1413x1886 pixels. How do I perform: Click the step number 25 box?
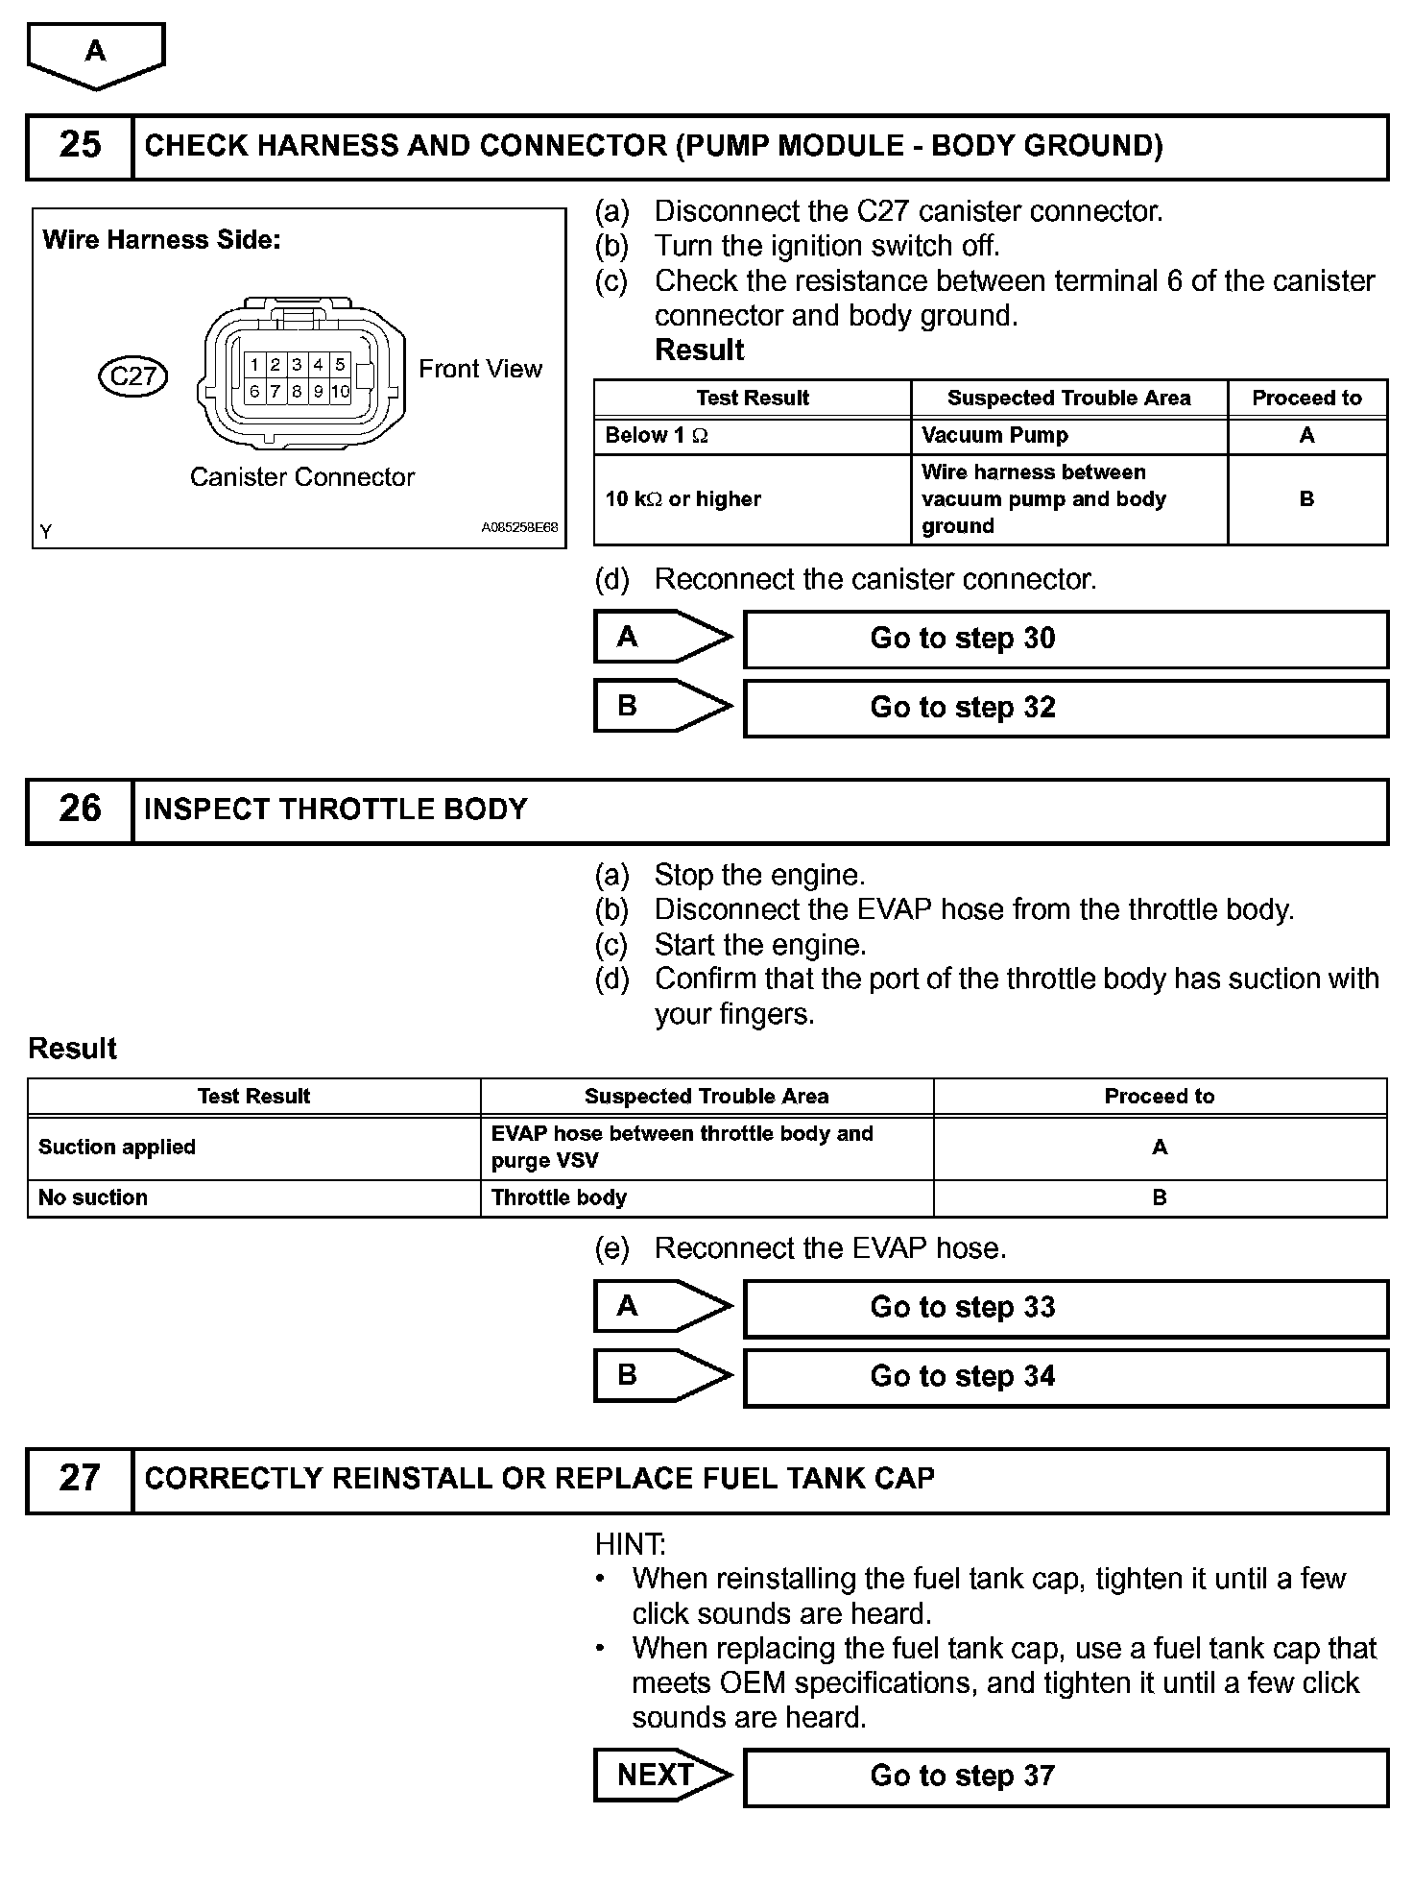coord(80,146)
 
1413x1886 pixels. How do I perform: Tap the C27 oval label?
coord(133,375)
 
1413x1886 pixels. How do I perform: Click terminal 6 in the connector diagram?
coord(254,392)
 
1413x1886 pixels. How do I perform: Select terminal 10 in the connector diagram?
coord(341,392)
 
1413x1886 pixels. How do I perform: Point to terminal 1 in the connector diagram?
coord(254,365)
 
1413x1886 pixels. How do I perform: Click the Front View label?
coord(480,369)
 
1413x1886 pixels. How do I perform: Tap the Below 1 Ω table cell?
coord(752,436)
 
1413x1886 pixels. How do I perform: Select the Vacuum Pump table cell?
coord(1068,436)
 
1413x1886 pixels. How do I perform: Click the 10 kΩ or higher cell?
coord(752,499)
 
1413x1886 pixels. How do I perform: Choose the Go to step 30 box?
coord(1066,639)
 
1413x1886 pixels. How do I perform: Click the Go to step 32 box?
coord(1066,708)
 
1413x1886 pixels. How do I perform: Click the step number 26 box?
coord(80,810)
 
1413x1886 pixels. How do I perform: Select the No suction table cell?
coord(253,1197)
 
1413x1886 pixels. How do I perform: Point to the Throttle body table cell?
coord(706,1197)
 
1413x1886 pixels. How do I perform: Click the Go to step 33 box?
coord(1066,1307)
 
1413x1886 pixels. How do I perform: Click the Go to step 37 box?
coord(1066,1777)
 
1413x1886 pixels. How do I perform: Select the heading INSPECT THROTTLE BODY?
coord(336,810)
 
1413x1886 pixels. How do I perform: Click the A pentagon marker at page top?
coord(96,54)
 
